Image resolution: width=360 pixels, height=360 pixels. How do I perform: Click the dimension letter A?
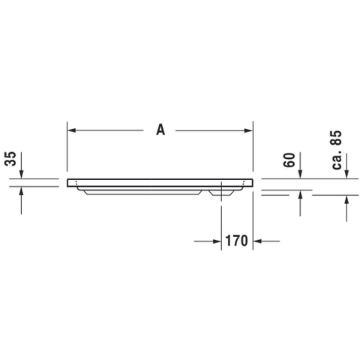pos(160,130)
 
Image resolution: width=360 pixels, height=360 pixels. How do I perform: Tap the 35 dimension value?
pos(10,159)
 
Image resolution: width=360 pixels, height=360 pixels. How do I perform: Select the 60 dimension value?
pos(289,160)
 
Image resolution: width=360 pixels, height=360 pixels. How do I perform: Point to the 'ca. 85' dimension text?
pos(337,150)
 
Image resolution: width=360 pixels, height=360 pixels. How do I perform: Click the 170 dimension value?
pos(236,241)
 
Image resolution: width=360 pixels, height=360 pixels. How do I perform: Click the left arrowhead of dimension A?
pos(72,130)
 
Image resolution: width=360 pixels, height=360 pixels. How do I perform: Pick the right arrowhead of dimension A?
pos(248,130)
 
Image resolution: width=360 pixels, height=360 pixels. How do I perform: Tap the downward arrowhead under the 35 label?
pos(21,175)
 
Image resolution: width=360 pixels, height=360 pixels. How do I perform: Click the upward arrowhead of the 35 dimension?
pos(21,191)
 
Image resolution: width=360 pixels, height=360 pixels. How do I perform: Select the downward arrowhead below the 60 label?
pos(300,175)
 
